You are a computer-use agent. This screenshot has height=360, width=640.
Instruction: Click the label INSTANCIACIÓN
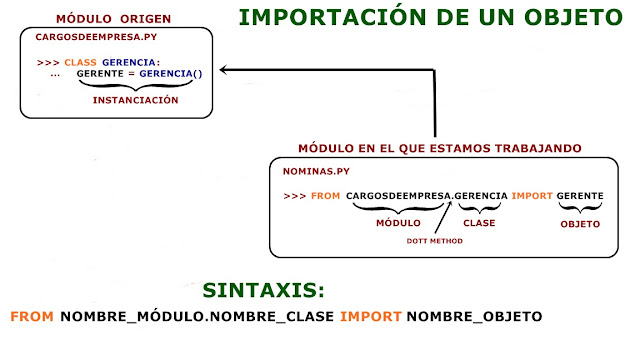[135, 100]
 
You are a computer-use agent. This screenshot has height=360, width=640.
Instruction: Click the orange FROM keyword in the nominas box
[326, 195]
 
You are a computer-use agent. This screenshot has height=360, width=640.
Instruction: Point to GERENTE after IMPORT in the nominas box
[579, 195]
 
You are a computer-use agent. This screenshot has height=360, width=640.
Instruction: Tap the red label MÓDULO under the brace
[397, 223]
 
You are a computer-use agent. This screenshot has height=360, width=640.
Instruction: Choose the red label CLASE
[479, 223]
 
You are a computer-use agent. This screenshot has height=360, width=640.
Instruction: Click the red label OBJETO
[579, 224]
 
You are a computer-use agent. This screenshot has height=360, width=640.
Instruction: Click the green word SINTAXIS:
[264, 291]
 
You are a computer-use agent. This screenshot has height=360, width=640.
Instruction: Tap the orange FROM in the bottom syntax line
[32, 317]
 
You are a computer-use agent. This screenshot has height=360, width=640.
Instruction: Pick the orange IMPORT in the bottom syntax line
[370, 317]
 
